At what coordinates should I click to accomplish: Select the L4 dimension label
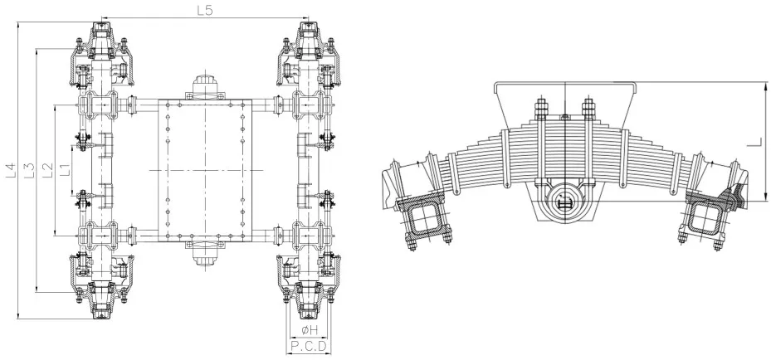11,169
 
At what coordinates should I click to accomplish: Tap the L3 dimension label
29,169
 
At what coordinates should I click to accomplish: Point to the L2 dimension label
47,169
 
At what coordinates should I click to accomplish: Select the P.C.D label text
308,346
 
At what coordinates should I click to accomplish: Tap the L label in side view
752,142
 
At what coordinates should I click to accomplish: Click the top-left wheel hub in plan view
101,41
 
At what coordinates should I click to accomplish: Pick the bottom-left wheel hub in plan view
101,299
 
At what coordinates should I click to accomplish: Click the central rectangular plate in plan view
204,169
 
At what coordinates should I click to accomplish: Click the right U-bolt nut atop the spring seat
588,106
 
